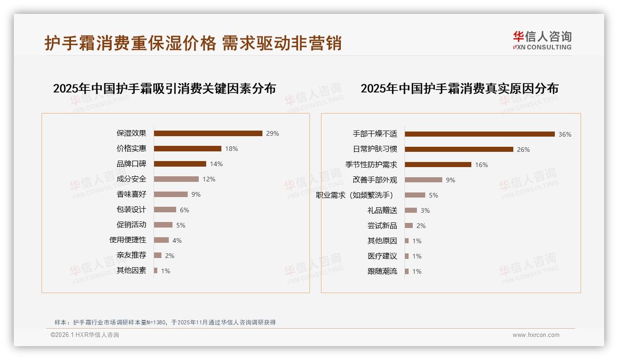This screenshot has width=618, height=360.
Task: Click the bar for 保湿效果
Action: (x=208, y=133)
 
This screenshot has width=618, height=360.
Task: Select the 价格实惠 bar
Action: (x=188, y=149)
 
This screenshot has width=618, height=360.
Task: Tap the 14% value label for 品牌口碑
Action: (x=216, y=164)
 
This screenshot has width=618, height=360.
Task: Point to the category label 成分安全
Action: (x=131, y=179)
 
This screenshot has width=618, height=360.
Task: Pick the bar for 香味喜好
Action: (x=171, y=194)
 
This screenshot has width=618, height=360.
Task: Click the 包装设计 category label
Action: (x=131, y=210)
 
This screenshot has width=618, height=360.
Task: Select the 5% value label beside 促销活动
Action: (x=181, y=225)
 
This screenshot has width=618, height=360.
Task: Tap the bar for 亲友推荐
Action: (x=158, y=255)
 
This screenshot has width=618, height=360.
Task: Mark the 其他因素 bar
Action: (x=156, y=270)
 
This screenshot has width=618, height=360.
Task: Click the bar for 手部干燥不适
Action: (x=480, y=134)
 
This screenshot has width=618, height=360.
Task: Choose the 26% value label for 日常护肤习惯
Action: (x=523, y=150)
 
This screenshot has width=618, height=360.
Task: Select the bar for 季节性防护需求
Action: (x=438, y=164)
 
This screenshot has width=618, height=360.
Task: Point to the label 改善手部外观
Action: (x=375, y=180)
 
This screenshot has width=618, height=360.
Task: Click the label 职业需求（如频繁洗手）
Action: (x=356, y=195)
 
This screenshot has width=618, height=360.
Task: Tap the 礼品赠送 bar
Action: (x=411, y=210)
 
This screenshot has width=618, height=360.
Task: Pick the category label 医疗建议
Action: (x=382, y=256)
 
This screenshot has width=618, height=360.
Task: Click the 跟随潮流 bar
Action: (x=407, y=271)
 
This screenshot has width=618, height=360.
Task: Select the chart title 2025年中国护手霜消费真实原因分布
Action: (x=459, y=89)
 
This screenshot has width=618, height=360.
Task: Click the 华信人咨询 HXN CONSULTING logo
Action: (x=542, y=40)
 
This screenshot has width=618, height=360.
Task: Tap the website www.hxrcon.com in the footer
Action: (x=536, y=335)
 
